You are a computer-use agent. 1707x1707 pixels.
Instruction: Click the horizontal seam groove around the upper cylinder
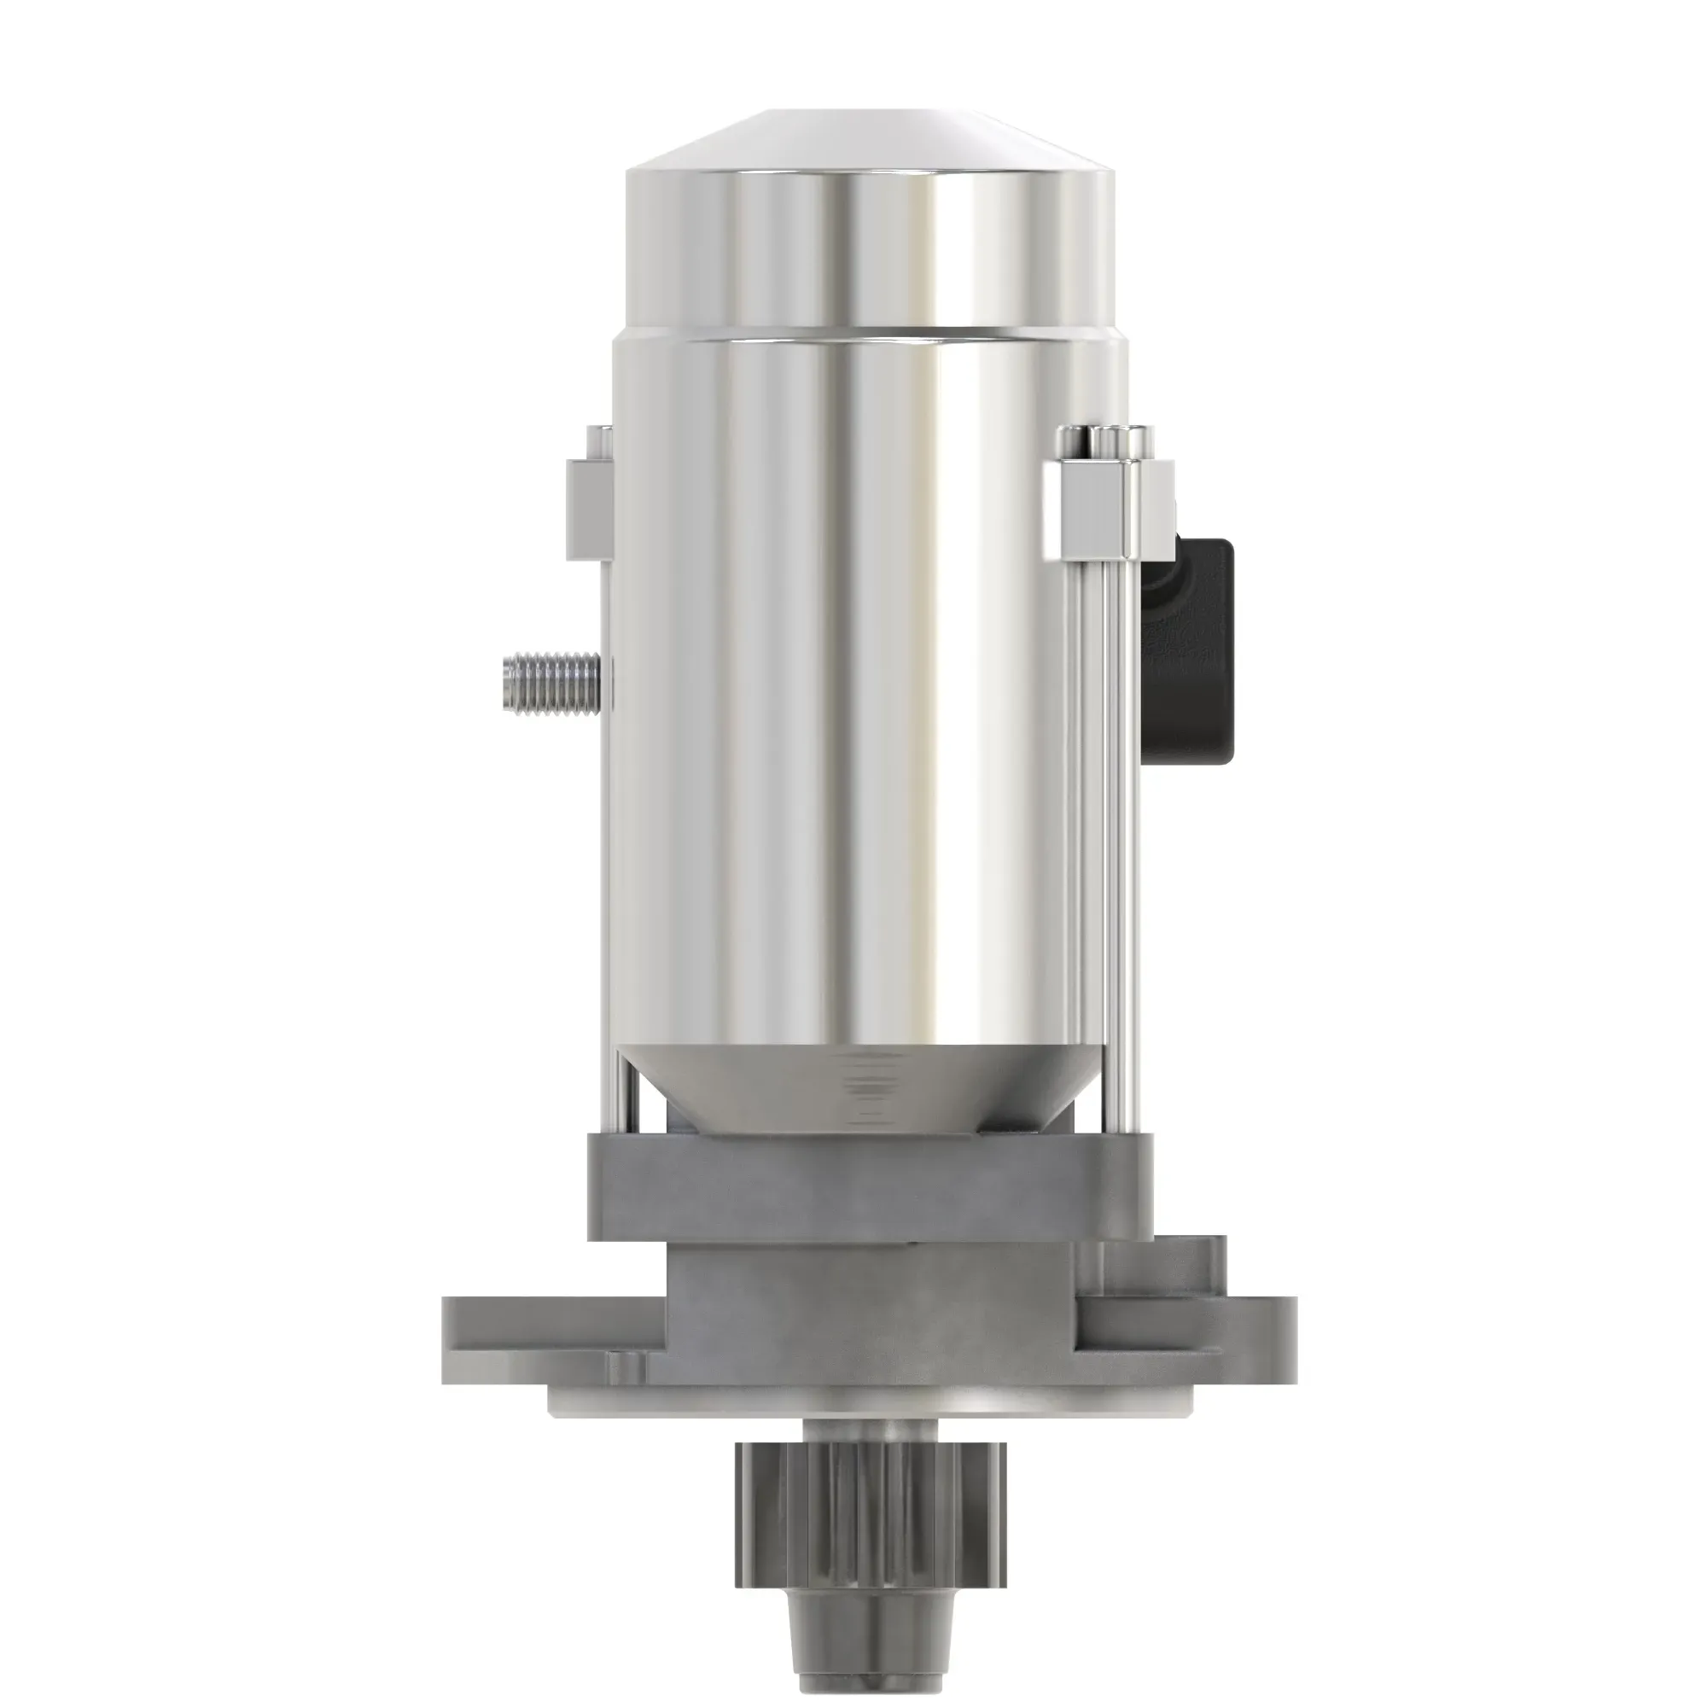[871, 332]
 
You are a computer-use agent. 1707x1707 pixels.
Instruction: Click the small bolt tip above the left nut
[599, 442]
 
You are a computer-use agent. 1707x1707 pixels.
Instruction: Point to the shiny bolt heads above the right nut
[1109, 441]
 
